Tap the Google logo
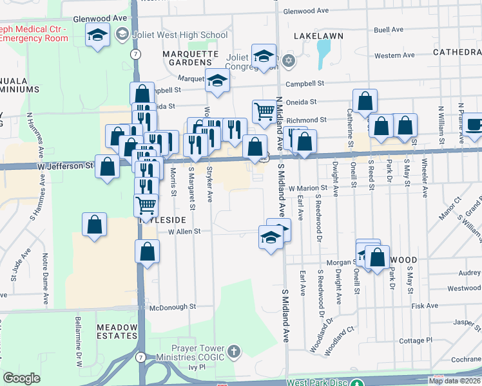pos(21,378)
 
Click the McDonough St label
pos(172,307)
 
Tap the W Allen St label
pos(185,231)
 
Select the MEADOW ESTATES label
pos(117,333)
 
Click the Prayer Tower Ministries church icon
pos(233,351)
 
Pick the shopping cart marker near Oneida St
pos(264,111)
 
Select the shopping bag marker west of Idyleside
pos(94,225)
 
